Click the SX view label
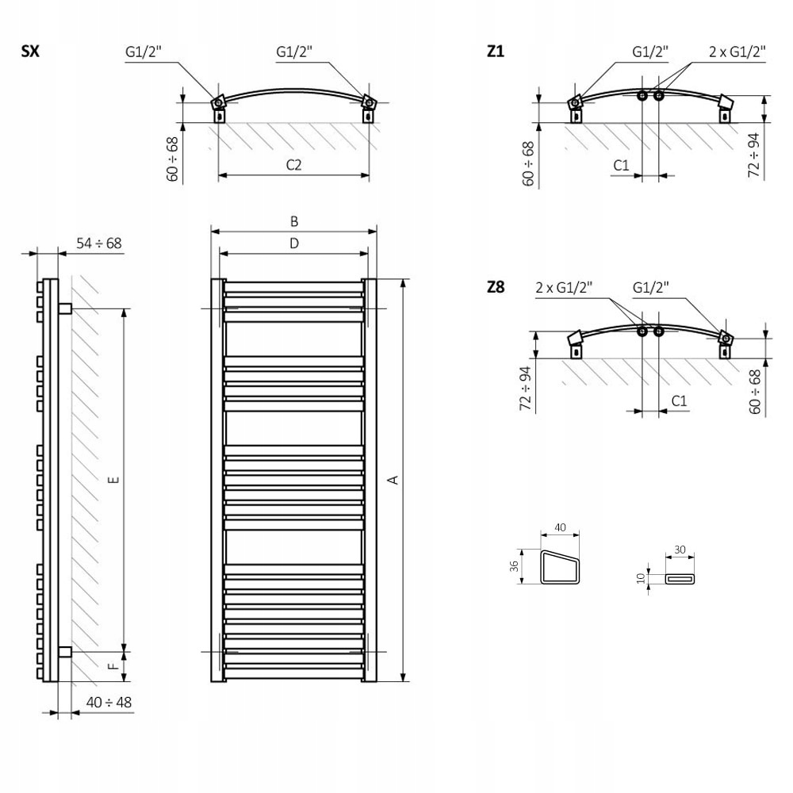click(31, 52)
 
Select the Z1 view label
click(496, 52)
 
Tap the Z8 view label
click(496, 287)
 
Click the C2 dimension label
click(293, 165)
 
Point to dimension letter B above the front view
click(293, 220)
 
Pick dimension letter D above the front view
click(293, 244)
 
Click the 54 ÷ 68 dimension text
click(99, 243)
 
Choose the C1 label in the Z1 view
click(621, 165)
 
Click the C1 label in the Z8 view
click(679, 400)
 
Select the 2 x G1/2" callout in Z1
click(737, 52)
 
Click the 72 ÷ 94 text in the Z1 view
click(754, 155)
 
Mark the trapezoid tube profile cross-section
click(560, 566)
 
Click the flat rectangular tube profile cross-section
click(680, 580)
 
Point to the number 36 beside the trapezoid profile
click(514, 566)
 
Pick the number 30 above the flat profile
click(680, 549)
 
